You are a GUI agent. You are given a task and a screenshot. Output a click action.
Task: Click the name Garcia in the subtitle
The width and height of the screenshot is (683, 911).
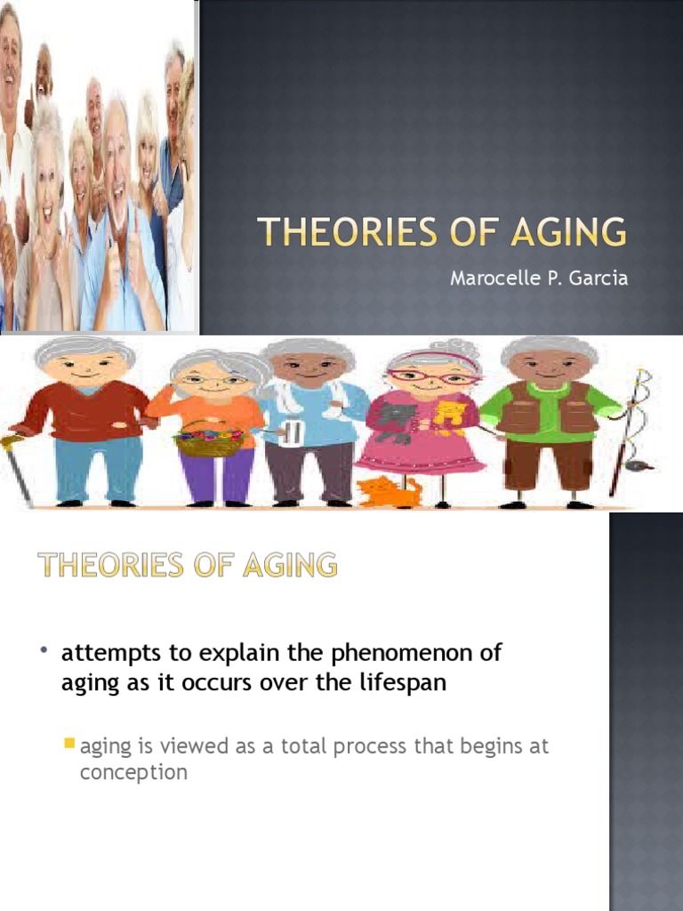point(599,278)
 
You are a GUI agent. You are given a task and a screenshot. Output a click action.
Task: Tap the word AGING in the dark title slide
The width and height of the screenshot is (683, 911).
point(568,231)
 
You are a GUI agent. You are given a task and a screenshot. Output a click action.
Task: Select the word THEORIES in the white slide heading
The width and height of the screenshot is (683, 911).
point(110,565)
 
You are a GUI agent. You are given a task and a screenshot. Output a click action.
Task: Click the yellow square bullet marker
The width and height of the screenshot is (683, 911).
point(69,743)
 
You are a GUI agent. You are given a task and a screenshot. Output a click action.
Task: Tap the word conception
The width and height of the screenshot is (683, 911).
point(133,773)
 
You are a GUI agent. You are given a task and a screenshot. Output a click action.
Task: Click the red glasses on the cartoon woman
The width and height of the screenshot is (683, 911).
point(434,377)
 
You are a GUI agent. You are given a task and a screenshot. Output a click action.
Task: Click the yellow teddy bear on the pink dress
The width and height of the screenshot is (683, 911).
point(449,415)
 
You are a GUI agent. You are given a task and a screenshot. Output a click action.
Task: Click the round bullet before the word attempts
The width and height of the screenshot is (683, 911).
point(44,649)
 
